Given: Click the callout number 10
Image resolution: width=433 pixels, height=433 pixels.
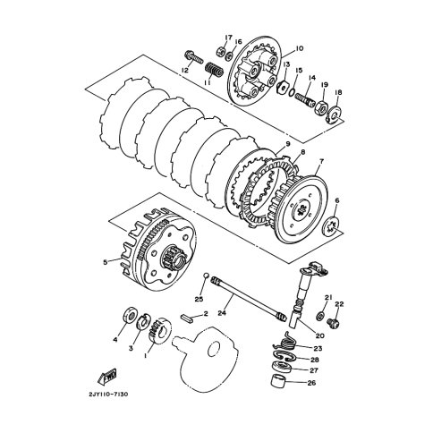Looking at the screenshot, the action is point(300,48).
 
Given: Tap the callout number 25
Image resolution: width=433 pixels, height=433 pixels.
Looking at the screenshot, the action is point(199,299).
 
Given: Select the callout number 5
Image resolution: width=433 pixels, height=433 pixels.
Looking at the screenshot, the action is point(105,262).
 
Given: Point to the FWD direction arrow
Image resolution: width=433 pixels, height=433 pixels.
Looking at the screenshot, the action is point(106,377).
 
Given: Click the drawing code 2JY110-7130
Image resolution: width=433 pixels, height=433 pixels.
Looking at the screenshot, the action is point(108,395).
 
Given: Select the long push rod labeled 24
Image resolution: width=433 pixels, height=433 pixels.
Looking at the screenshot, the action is point(247,299).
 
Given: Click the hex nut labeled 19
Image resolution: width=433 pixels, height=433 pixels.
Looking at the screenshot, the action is point(321,106).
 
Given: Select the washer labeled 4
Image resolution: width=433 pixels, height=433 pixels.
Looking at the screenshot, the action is point(130,314).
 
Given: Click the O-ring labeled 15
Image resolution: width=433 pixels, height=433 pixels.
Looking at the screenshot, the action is point(292,93).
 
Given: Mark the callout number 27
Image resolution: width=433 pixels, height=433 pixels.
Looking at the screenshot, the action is point(314,370).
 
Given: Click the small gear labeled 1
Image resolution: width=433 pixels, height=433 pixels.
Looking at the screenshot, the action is point(159,330).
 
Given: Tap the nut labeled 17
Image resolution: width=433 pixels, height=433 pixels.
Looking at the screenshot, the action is point(219,52).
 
